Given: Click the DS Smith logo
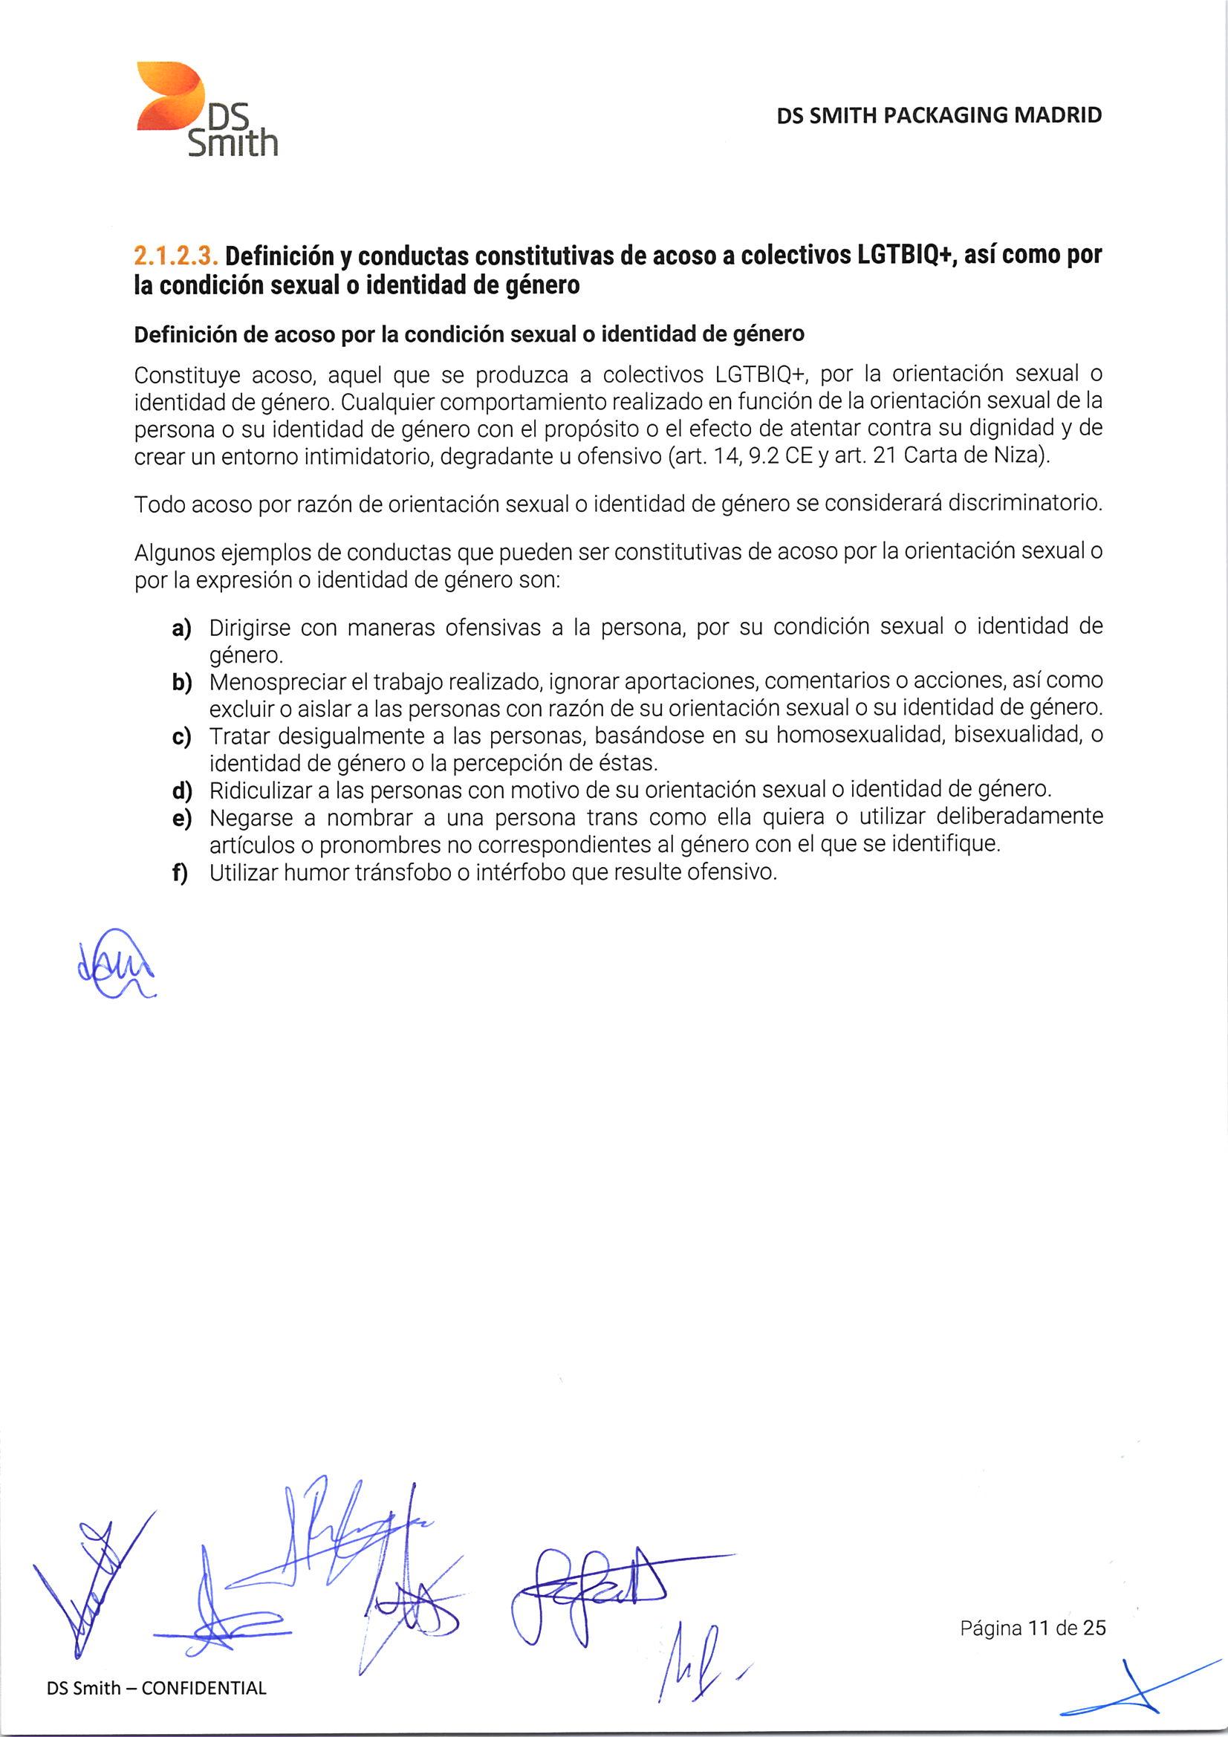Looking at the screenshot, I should click(206, 111).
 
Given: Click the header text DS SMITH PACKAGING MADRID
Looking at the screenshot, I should click(939, 116).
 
